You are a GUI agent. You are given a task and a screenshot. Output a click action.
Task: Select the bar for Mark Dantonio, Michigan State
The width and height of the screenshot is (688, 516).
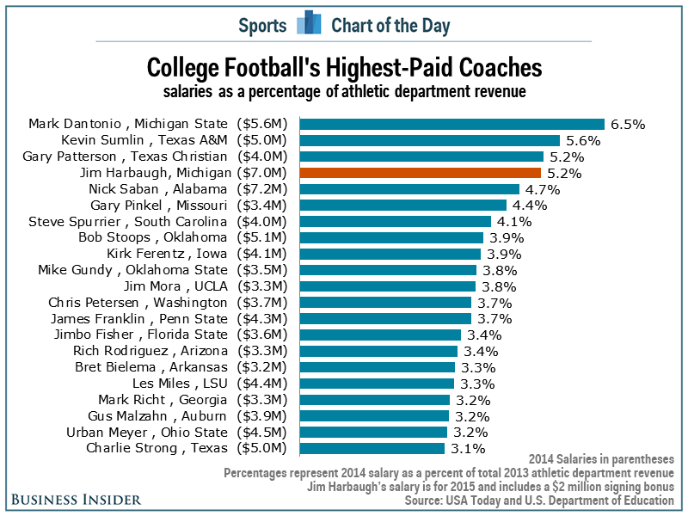tap(451, 124)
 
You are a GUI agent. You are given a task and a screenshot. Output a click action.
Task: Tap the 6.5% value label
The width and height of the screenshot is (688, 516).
tap(628, 124)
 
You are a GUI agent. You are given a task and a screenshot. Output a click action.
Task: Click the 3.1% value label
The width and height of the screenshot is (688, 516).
tap(468, 448)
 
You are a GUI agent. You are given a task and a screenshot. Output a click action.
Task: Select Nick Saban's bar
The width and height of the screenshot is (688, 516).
tap(409, 188)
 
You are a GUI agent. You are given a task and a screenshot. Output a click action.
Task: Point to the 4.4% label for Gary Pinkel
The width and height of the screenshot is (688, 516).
tap(530, 205)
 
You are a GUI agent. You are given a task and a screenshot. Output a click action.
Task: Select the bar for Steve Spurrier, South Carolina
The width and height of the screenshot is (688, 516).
tap(395, 221)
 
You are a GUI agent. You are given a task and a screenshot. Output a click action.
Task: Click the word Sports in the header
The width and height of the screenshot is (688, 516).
tap(262, 25)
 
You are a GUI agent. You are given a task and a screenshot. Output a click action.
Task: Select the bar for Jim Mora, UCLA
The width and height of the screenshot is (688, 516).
tap(386, 286)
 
